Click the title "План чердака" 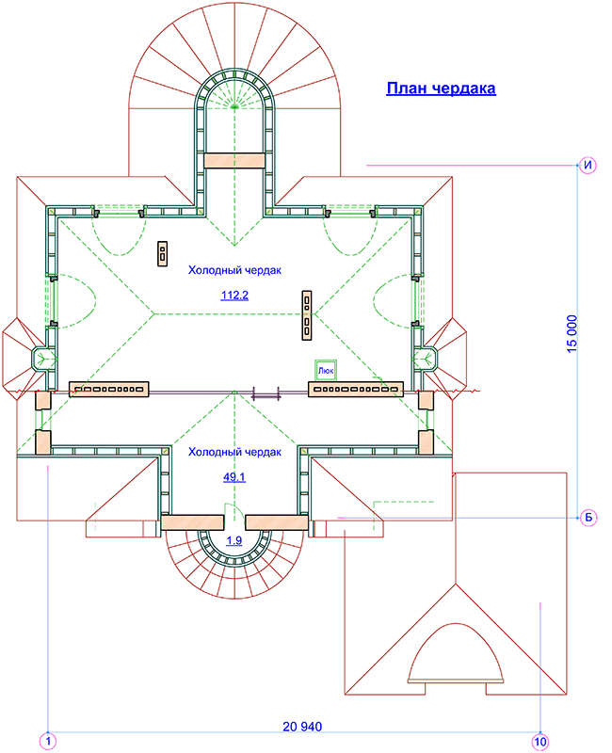tap(441, 88)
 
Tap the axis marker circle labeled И tap(588, 166)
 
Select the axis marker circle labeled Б tap(588, 518)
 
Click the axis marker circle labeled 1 tap(48, 741)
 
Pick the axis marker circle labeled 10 tap(540, 742)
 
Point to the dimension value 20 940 tap(302, 727)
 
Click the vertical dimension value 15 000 tap(572, 334)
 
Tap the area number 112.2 tap(234, 295)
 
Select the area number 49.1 tap(234, 477)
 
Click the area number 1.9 tap(234, 540)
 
